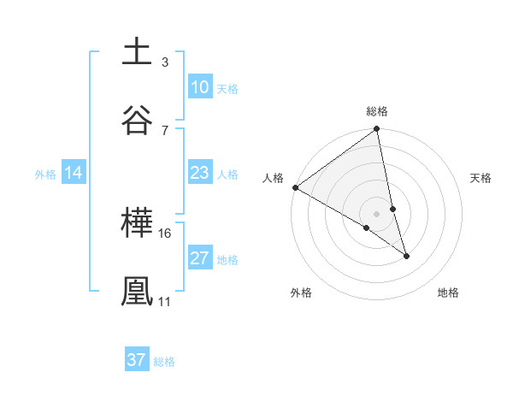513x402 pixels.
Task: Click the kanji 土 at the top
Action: click(x=138, y=51)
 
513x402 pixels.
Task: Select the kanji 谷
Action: click(x=138, y=119)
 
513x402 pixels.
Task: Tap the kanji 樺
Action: click(x=138, y=222)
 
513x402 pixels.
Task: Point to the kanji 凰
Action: click(x=138, y=291)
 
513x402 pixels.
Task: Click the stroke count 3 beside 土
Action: click(x=164, y=62)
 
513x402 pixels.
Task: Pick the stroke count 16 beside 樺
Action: click(x=166, y=233)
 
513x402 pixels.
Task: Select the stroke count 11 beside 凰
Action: click(x=164, y=302)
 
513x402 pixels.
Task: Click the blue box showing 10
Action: click(x=199, y=88)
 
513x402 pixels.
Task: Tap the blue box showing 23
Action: click(x=199, y=174)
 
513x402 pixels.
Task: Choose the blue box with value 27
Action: click(x=199, y=259)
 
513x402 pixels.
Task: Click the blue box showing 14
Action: click(x=74, y=174)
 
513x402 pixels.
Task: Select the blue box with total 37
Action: click(x=137, y=361)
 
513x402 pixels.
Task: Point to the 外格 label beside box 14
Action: click(x=45, y=174)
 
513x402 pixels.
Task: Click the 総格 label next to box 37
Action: click(x=164, y=362)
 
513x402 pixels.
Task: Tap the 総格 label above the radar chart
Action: click(x=377, y=111)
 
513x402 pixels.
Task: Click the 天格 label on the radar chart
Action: click(x=481, y=178)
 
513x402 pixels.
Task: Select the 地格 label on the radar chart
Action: click(x=448, y=293)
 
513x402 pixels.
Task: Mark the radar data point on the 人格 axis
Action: click(x=295, y=187)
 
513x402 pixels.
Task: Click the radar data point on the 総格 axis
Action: click(x=377, y=130)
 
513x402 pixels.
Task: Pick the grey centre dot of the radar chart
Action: click(x=376, y=213)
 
